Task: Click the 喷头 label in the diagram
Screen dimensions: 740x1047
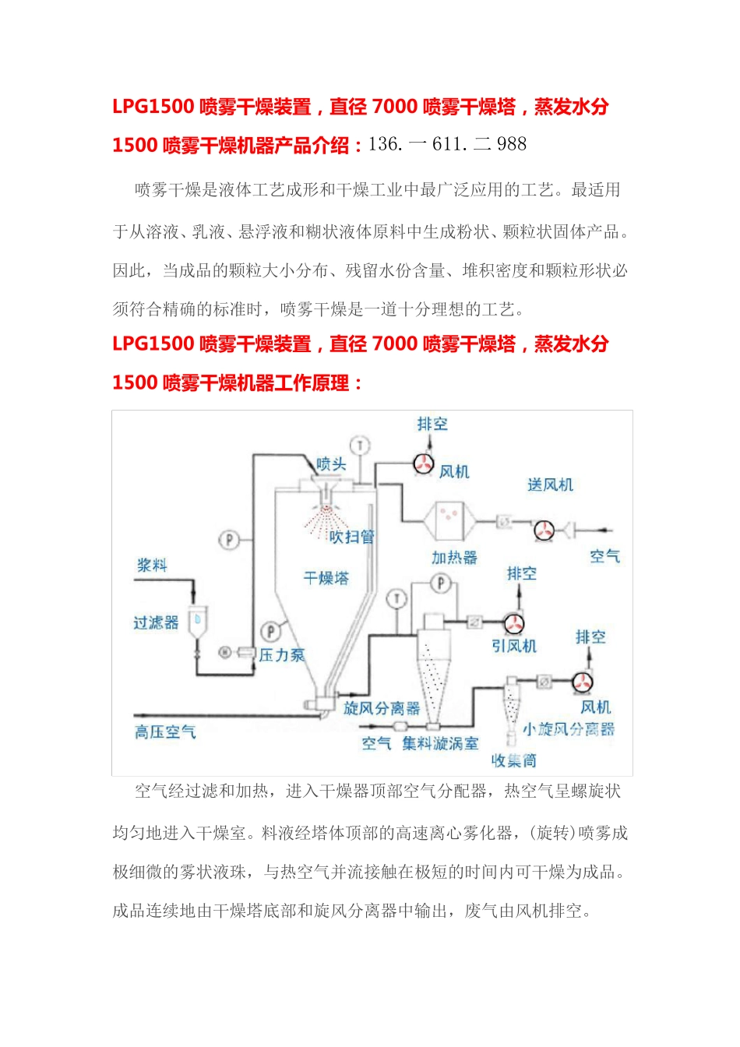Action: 331,464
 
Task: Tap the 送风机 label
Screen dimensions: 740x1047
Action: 550,485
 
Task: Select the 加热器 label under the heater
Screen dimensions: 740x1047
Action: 454,557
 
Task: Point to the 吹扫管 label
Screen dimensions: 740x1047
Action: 351,536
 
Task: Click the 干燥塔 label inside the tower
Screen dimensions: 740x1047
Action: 326,578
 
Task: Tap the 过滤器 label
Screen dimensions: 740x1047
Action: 156,622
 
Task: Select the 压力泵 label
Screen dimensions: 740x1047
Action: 282,655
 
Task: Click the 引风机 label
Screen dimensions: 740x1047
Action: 514,646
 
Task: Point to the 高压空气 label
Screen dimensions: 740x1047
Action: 165,731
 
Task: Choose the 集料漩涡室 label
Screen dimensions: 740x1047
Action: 440,743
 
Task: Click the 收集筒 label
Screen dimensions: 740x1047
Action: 514,760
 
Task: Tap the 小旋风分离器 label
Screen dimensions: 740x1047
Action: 569,728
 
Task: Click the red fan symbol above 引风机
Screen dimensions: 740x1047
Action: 514,623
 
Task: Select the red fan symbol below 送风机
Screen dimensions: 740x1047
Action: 544,530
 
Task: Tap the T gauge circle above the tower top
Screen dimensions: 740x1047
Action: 360,446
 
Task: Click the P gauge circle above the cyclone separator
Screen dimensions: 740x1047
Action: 440,583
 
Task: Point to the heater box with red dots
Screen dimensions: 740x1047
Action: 449,520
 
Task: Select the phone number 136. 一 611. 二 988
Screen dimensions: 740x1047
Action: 447,144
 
